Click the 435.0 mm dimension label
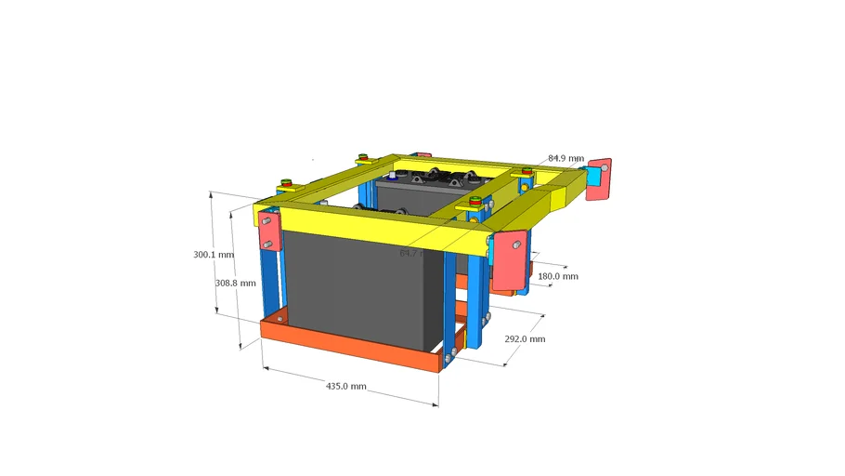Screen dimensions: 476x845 (345, 386)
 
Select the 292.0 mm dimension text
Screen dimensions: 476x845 (525, 339)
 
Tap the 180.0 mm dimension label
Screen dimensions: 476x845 (558, 276)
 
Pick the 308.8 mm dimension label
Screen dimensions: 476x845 (235, 283)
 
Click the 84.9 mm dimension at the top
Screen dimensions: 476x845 (566, 158)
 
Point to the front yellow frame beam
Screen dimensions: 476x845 (371, 223)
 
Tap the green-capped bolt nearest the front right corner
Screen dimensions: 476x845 (476, 201)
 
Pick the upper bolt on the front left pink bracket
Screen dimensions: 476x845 (266, 224)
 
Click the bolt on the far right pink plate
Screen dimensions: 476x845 (605, 167)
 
